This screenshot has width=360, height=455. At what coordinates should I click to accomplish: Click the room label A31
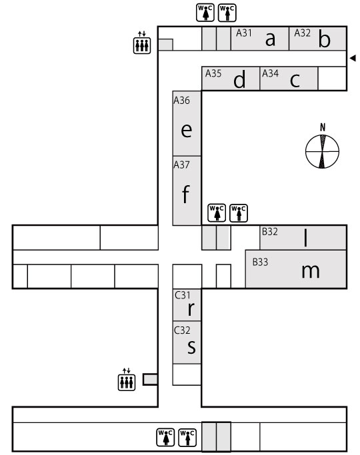point(243,33)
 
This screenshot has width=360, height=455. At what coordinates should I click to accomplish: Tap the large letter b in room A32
point(324,39)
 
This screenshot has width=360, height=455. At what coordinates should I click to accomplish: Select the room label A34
point(270,73)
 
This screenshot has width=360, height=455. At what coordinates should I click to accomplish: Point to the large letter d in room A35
point(239,79)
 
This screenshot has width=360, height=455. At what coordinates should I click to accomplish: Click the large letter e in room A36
point(187,131)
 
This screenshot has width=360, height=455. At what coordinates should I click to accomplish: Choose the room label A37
point(181,165)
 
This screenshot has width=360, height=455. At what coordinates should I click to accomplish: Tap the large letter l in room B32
point(305,237)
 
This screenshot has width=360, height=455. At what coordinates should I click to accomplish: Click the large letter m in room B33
point(311,271)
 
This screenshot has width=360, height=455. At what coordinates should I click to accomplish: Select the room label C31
point(183,295)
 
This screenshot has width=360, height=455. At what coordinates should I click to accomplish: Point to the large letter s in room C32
point(191,346)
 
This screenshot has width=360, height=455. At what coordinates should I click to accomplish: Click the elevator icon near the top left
point(142,43)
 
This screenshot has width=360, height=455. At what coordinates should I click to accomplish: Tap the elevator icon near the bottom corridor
point(127,380)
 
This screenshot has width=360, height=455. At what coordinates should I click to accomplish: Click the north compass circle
point(322,151)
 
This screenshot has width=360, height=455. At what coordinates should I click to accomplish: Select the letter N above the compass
point(323,127)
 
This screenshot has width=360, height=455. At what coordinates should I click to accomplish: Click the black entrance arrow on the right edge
point(353,58)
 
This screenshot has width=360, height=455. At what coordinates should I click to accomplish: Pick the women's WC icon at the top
point(205,13)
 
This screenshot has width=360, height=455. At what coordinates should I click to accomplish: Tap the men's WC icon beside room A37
point(239,213)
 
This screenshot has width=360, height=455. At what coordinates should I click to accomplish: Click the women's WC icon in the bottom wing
point(165,437)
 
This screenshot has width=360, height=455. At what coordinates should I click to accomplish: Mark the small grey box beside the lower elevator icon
point(151,380)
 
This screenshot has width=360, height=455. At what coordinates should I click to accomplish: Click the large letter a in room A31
point(270,40)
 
